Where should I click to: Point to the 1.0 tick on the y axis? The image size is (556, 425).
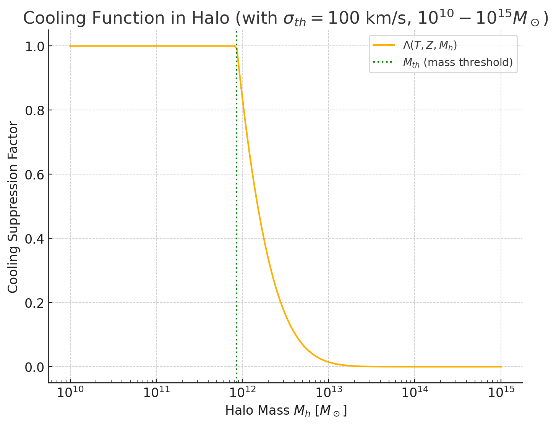click(35, 46)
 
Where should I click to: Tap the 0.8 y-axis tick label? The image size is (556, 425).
click(35, 110)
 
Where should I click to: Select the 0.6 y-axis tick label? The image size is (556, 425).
click(35, 175)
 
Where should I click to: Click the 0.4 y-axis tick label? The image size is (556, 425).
click(35, 239)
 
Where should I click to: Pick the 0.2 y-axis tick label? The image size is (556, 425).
click(35, 303)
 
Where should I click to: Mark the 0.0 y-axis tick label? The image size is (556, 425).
click(35, 367)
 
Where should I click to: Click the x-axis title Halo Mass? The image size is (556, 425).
click(258, 410)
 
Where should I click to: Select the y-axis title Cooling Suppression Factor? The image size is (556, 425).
click(13, 207)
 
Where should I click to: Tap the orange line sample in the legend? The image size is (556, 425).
click(384, 45)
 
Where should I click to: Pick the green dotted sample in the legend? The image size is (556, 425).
click(384, 62)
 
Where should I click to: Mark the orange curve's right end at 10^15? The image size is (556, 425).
click(501, 367)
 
